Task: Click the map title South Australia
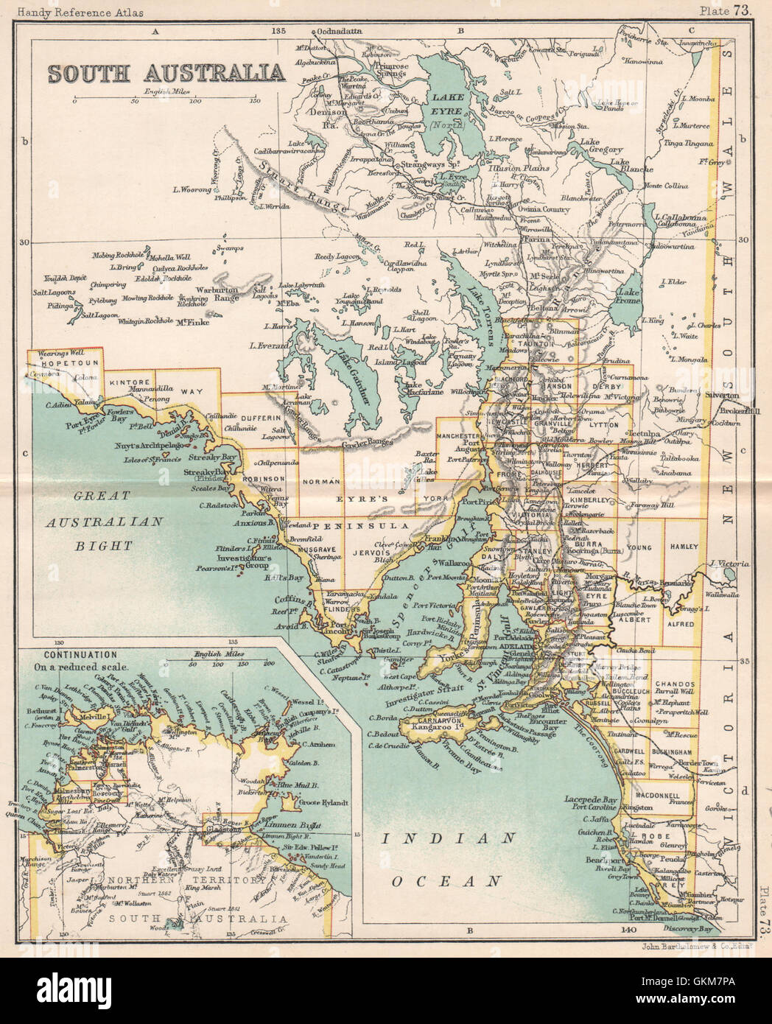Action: point(166,72)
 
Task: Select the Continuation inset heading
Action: point(82,654)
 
